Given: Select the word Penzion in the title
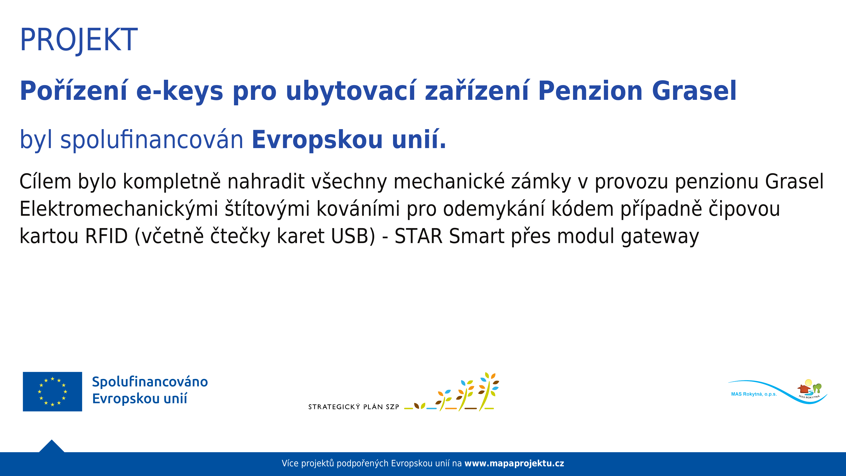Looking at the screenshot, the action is pyautogui.click(x=590, y=91).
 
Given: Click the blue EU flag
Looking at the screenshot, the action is pyautogui.click(x=53, y=392).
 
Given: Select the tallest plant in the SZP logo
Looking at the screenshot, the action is pyautogui.click(x=489, y=392).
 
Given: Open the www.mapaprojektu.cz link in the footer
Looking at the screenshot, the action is pyautogui.click(x=514, y=463).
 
